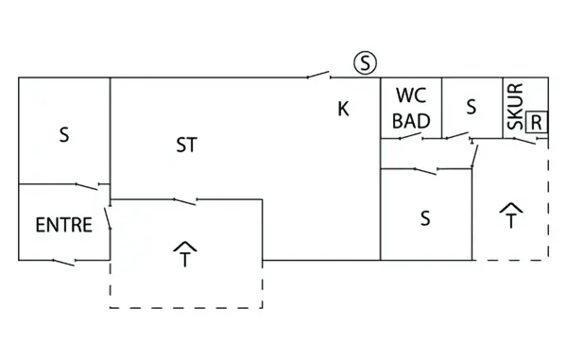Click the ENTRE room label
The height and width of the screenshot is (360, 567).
(x=63, y=226)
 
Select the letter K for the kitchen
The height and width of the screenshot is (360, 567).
(x=343, y=109)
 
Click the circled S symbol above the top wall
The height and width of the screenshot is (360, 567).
(x=366, y=63)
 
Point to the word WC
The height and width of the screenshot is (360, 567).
(x=411, y=95)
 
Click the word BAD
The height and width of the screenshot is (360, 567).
(x=411, y=120)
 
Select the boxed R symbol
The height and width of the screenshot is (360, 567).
(x=537, y=121)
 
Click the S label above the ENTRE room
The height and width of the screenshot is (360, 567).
(x=64, y=135)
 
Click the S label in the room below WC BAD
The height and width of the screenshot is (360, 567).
(x=425, y=218)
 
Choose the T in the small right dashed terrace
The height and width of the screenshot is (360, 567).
(x=511, y=223)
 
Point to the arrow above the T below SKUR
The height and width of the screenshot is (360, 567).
(x=511, y=207)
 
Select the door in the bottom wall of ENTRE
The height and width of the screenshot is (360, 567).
(x=64, y=259)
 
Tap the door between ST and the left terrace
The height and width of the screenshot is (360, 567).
(x=185, y=199)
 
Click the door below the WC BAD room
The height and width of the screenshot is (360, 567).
(x=408, y=138)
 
